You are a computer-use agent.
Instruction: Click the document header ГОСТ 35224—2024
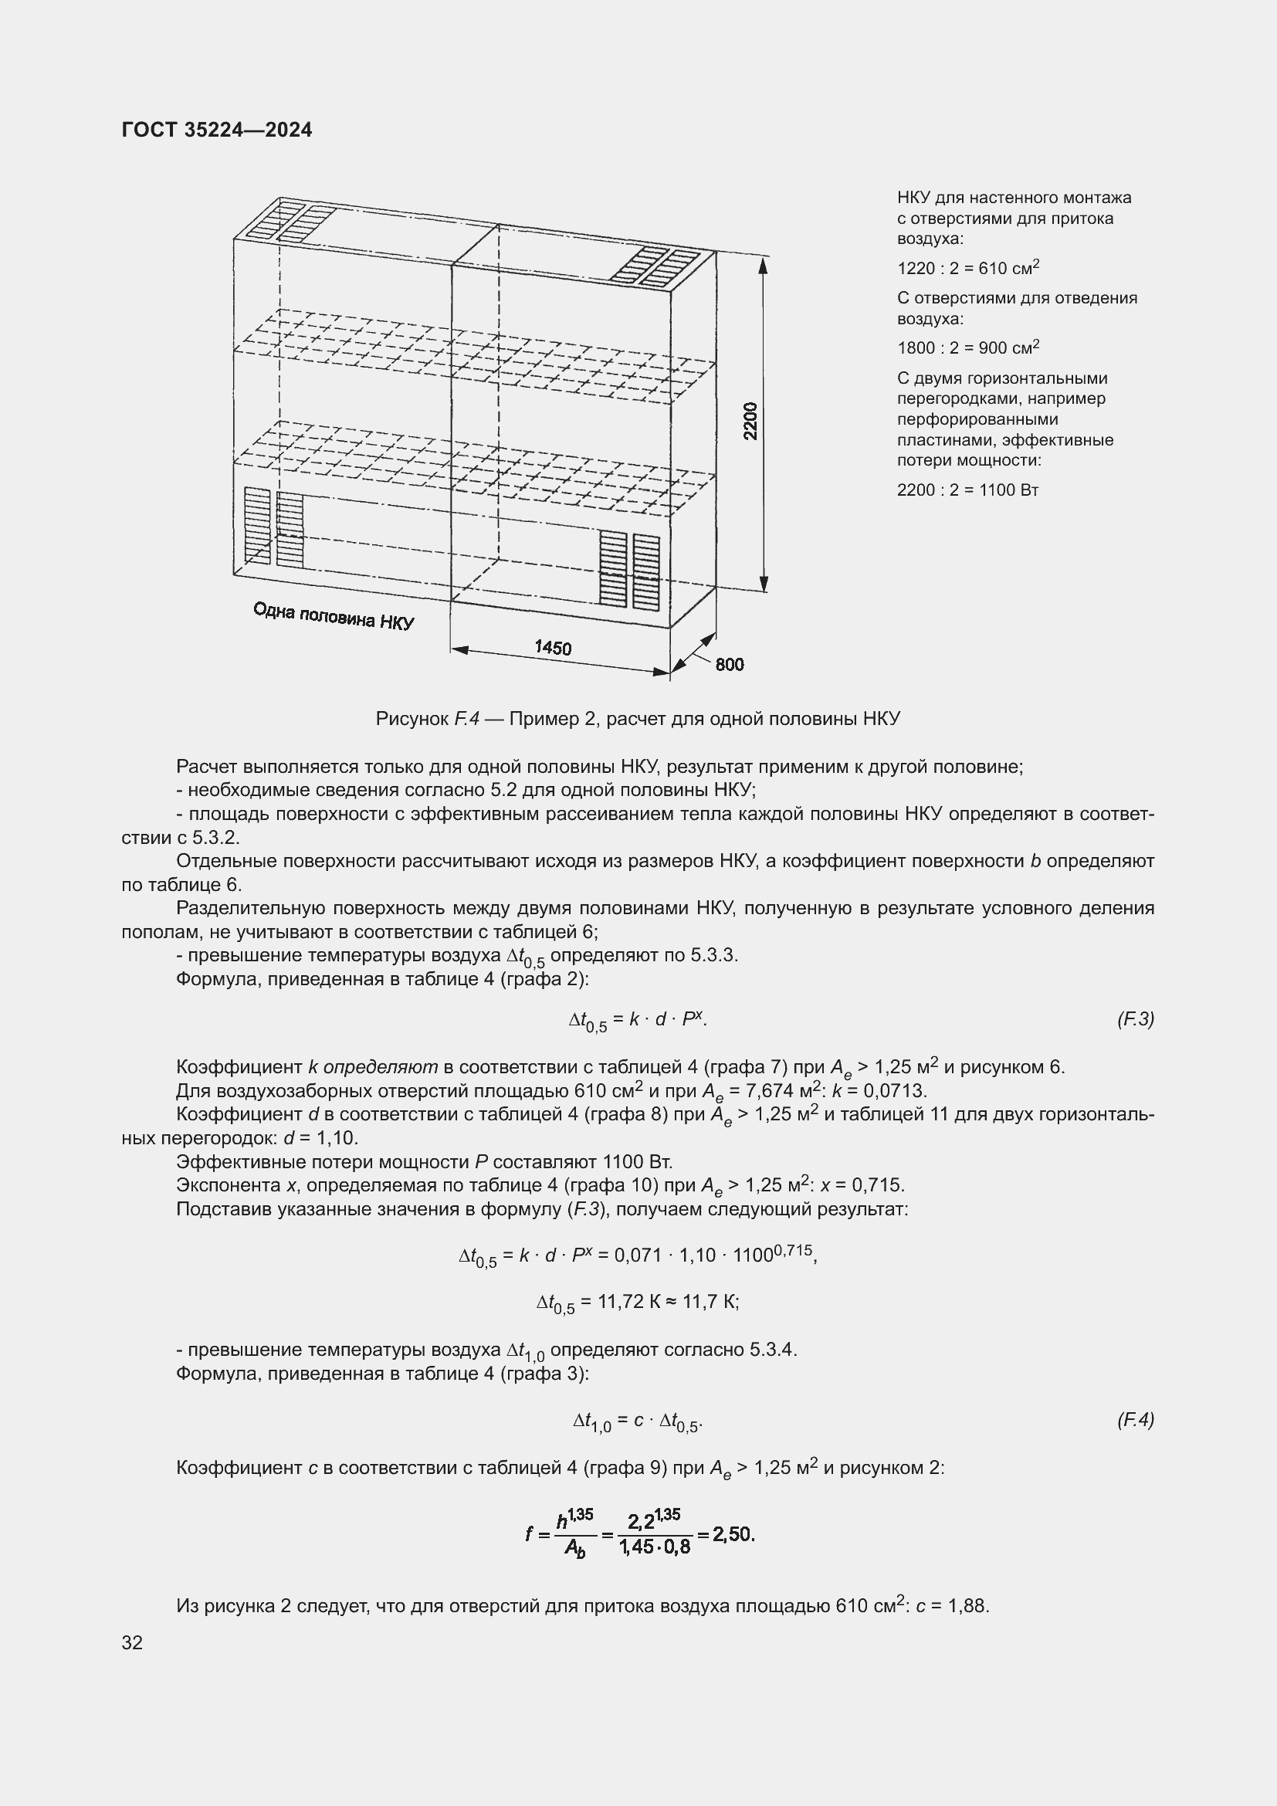click(217, 130)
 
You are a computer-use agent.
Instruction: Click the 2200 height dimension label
click(751, 421)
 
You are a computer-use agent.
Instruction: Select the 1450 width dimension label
click(553, 647)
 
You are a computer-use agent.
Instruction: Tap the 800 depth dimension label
click(729, 665)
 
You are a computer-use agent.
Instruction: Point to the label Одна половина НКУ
click(334, 616)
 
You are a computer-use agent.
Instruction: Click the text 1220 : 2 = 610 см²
click(968, 268)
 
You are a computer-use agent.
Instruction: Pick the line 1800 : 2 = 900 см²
click(968, 347)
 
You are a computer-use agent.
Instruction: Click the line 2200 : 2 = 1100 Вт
click(967, 490)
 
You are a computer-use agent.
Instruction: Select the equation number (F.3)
click(1135, 1019)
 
